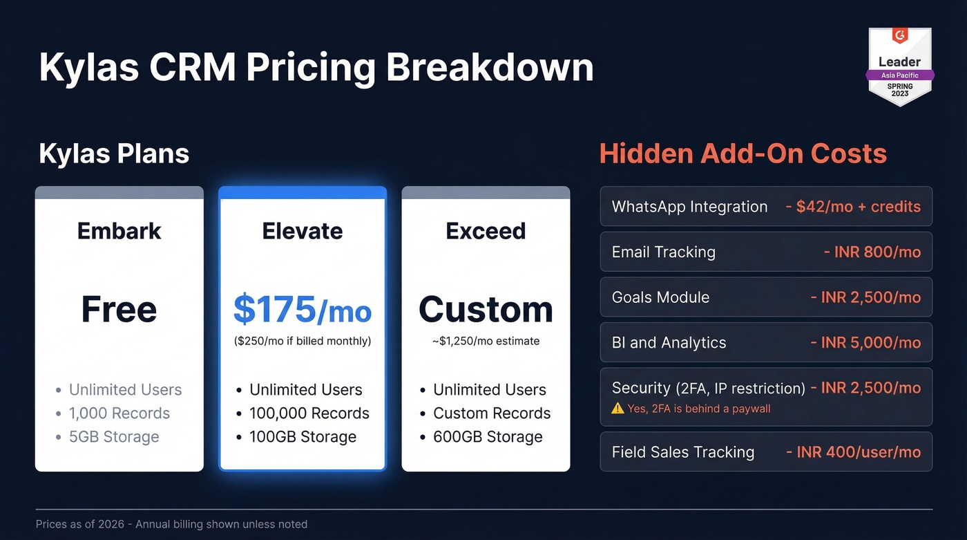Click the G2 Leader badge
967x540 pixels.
(x=899, y=66)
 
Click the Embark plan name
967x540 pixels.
(x=119, y=230)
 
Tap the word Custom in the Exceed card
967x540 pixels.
(x=486, y=309)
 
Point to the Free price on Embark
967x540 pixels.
(x=119, y=309)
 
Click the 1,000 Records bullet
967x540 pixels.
(x=119, y=413)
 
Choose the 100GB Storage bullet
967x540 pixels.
(x=303, y=437)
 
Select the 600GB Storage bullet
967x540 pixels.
(x=488, y=437)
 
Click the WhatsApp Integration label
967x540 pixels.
(x=689, y=207)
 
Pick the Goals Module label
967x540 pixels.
(x=660, y=297)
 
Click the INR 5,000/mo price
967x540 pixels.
(x=865, y=343)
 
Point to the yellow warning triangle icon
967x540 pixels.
(x=617, y=409)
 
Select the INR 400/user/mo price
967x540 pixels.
(x=854, y=452)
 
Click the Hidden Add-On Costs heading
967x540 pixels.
(x=743, y=153)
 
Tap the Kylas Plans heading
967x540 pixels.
(x=114, y=153)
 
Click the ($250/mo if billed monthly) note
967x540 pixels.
(x=303, y=341)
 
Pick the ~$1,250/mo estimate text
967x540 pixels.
(x=486, y=341)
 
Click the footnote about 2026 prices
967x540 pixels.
(x=171, y=524)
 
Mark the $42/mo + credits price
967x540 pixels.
(x=853, y=207)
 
